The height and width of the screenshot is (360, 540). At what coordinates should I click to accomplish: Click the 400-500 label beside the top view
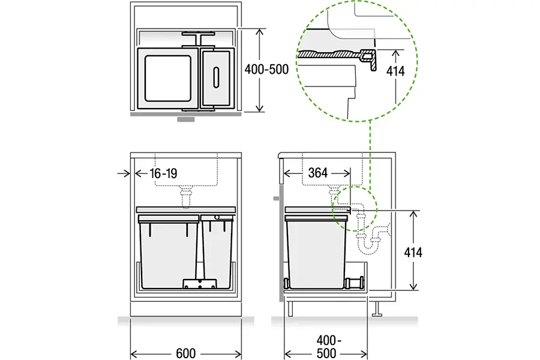click(x=266, y=69)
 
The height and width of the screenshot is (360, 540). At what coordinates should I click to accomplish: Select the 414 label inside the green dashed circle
click(x=395, y=71)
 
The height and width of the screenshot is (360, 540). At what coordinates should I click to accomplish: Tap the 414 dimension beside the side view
click(x=413, y=252)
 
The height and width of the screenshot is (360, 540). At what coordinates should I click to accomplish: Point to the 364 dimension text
click(x=317, y=173)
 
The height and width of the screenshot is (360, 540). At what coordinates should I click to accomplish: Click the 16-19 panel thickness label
click(x=163, y=173)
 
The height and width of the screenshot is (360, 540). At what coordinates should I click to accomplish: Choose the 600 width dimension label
click(x=185, y=353)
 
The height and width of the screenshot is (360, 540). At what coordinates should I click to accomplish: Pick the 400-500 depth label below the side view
click(x=326, y=347)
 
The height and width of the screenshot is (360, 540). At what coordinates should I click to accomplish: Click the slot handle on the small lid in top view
click(x=216, y=77)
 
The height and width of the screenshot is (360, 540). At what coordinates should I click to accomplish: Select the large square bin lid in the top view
click(x=168, y=79)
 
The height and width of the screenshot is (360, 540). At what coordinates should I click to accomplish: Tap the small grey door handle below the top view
click(x=186, y=119)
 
